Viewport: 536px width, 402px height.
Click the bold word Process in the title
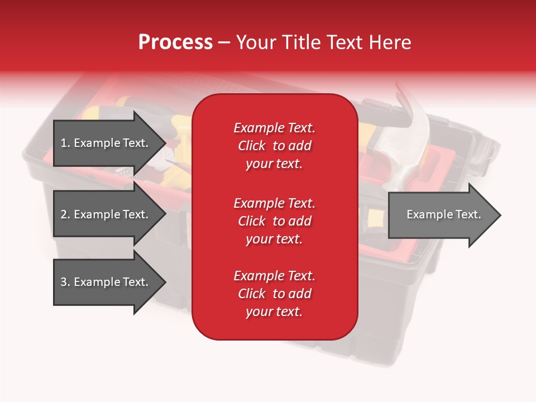click(175, 42)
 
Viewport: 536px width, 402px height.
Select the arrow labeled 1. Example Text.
click(106, 143)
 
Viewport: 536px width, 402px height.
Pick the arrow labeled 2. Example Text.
click(106, 214)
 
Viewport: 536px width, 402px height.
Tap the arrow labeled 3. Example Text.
click(106, 282)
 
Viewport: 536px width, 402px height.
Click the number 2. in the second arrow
click(65, 214)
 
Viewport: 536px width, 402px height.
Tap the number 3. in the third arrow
click(65, 282)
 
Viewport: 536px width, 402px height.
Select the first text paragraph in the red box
click(274, 146)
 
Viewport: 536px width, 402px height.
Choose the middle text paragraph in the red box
click(274, 221)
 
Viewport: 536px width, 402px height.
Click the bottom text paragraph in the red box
click(274, 294)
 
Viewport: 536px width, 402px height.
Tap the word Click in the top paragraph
click(251, 146)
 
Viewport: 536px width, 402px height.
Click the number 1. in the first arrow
click(65, 143)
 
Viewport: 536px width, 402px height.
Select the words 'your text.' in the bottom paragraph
click(274, 312)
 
